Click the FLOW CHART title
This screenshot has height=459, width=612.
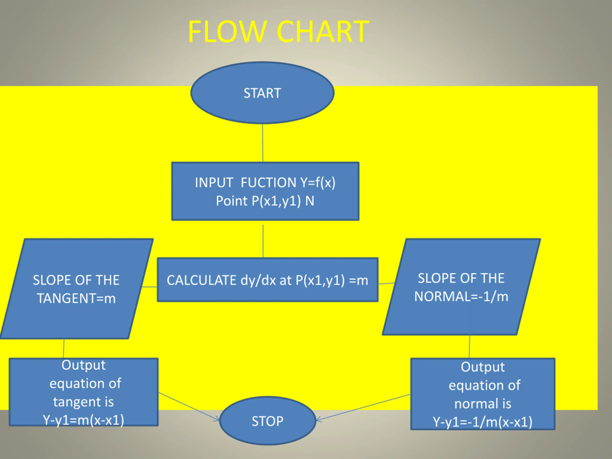click(278, 32)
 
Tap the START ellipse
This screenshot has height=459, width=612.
click(262, 93)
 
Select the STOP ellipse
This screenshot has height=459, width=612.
click(268, 421)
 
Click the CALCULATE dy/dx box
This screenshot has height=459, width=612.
click(268, 280)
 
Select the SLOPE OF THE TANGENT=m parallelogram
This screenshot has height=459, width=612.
click(77, 289)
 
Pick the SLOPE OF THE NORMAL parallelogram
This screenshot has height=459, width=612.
click(461, 287)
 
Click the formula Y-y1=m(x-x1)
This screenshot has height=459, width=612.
click(83, 420)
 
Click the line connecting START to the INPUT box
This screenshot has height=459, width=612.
click(262, 143)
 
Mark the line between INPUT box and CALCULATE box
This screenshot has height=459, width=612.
click(263, 241)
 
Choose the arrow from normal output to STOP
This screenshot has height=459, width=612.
click(363, 408)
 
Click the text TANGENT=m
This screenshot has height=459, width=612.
click(76, 298)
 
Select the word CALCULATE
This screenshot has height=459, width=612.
click(202, 280)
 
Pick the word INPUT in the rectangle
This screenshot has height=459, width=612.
click(214, 183)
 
